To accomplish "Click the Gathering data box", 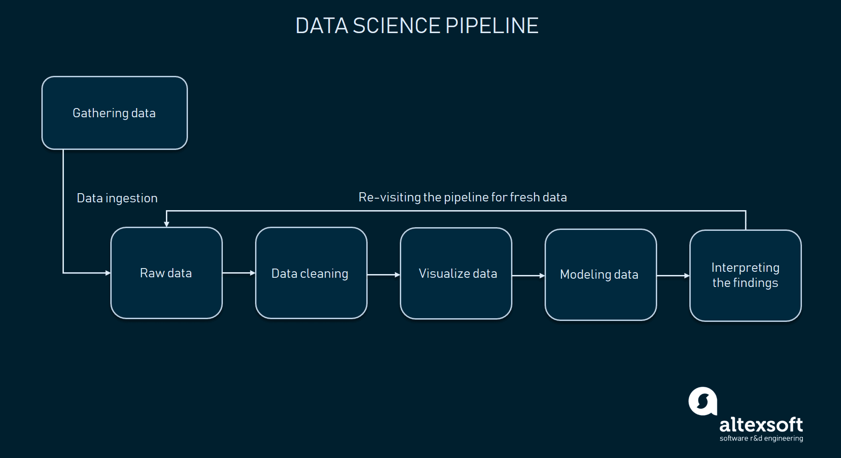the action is tap(114, 113).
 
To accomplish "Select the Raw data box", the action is tap(166, 273).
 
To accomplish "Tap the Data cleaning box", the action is tap(311, 273).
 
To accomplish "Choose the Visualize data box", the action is tap(456, 274).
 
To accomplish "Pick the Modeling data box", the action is tap(601, 275).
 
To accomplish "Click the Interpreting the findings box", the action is tap(745, 275).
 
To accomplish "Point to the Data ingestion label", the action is tap(117, 198).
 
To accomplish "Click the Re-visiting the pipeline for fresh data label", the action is tap(463, 197).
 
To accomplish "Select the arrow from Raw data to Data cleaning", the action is tap(239, 273).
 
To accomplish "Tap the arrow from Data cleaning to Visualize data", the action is tap(384, 275).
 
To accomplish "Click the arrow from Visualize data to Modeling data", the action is tap(528, 275).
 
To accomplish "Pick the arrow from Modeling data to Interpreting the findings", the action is tap(673, 275).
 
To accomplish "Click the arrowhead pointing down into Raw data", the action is tap(166, 224).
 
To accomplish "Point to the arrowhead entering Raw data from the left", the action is tap(108, 273).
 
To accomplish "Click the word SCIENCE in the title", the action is tap(397, 26).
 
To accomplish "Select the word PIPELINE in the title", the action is tap(492, 26).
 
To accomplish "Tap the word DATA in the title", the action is tap(322, 26).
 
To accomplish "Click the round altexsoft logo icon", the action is tap(703, 401).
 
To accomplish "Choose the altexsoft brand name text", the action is tap(761, 424).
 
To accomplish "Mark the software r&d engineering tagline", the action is tap(761, 438).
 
